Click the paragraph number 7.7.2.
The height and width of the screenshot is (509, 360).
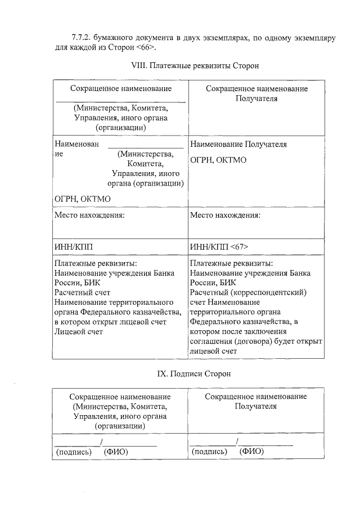(x=82, y=38)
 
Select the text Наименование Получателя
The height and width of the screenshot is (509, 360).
(x=238, y=144)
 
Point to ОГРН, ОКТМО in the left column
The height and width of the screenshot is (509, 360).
(x=82, y=199)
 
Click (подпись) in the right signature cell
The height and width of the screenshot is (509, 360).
(x=209, y=451)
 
